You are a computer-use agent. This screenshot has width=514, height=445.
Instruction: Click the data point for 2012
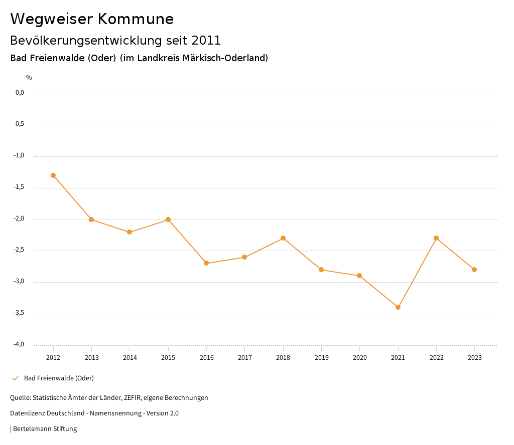click(53, 175)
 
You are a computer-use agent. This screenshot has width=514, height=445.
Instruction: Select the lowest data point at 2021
click(398, 307)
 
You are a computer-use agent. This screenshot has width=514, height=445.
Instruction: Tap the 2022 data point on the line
click(436, 238)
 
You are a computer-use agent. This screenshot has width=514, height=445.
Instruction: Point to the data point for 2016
click(206, 263)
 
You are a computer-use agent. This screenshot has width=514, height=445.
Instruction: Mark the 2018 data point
click(283, 238)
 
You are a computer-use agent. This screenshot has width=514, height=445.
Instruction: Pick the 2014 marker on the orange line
click(130, 232)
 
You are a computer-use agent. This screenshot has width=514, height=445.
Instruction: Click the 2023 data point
click(474, 270)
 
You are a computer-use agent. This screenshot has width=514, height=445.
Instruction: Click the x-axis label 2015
click(168, 358)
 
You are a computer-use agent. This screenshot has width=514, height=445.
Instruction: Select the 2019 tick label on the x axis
click(321, 358)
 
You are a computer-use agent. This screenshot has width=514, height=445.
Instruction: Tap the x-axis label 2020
click(359, 358)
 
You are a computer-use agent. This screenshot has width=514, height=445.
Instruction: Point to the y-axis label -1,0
click(19, 156)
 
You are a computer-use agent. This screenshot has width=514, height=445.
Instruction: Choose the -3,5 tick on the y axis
click(19, 313)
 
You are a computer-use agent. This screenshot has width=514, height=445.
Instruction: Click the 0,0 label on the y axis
click(20, 93)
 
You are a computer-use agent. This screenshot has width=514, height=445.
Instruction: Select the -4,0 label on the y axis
click(19, 345)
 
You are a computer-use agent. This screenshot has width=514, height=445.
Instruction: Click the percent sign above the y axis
click(29, 78)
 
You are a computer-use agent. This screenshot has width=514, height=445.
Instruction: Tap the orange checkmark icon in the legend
click(15, 378)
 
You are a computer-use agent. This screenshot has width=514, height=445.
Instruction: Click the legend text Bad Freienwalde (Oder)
click(59, 378)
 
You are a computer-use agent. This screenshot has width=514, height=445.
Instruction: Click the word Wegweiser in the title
click(51, 19)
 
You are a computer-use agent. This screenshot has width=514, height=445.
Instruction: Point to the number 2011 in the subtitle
click(206, 41)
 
